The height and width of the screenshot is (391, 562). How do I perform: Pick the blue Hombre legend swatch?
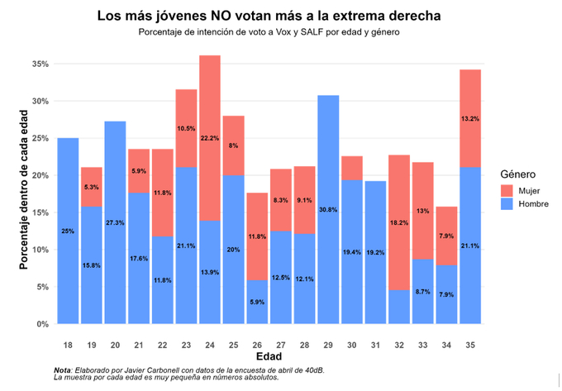[x=507, y=203]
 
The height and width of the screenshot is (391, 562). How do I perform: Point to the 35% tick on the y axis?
[x=40, y=64]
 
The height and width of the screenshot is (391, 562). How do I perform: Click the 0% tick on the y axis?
[x=43, y=324]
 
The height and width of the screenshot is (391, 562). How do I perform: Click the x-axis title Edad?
[x=269, y=355]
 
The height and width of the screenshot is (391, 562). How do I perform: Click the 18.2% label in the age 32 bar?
[x=399, y=222]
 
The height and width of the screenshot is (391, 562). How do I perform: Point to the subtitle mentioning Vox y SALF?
[x=269, y=32]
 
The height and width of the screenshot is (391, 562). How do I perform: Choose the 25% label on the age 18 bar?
[x=68, y=231]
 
